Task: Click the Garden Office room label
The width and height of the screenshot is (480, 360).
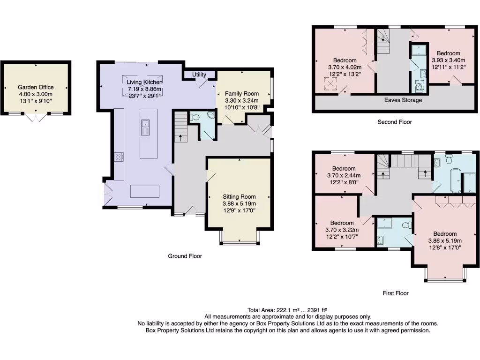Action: (x=36, y=87)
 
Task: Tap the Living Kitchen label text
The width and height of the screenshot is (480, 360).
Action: (x=145, y=82)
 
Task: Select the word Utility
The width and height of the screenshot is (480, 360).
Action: (x=199, y=75)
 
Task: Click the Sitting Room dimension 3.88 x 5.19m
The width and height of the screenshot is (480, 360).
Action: (x=239, y=204)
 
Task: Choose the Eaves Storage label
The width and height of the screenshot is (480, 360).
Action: (x=403, y=100)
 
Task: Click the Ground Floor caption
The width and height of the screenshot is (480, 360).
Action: (x=185, y=256)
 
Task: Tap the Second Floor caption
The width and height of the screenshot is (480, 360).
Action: (x=395, y=122)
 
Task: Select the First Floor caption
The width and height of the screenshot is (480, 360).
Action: (x=395, y=293)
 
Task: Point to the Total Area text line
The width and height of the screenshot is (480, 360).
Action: (x=287, y=310)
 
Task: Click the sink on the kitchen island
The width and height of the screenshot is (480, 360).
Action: (x=145, y=125)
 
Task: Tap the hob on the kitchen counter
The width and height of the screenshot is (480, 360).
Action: (x=119, y=157)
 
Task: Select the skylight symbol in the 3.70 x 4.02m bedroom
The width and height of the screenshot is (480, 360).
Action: (x=331, y=84)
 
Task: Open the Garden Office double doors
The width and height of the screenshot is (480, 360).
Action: (x=36, y=117)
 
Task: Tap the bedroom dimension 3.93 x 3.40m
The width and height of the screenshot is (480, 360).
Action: (x=448, y=60)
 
